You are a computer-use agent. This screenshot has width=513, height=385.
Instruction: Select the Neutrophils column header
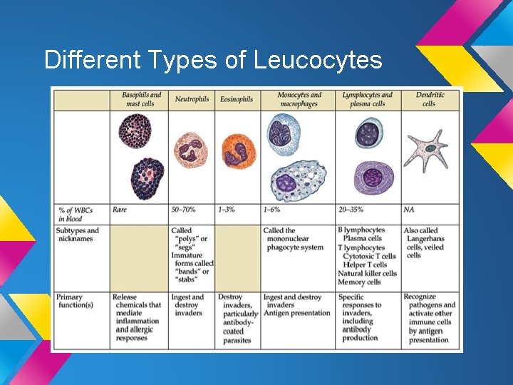point(192,99)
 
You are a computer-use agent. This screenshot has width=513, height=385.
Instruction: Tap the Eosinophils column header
point(237,99)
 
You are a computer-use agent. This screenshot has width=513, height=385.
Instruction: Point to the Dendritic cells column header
point(429,99)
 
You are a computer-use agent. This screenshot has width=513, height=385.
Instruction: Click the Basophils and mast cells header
point(140,99)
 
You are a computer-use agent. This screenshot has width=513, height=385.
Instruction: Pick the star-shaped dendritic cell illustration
point(427,150)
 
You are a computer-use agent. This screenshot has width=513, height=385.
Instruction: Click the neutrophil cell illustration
point(191,150)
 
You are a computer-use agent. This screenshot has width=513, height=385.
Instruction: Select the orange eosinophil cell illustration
point(238,150)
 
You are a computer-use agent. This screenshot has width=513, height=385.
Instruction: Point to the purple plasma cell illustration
point(373,178)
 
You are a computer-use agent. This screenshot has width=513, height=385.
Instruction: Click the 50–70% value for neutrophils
point(184,210)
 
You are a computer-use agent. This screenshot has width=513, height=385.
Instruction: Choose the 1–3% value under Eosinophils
point(227,210)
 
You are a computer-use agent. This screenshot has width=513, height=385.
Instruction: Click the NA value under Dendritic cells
point(409,210)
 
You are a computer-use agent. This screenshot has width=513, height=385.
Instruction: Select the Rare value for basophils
point(120,210)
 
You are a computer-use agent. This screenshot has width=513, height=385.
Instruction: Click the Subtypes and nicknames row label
point(78,235)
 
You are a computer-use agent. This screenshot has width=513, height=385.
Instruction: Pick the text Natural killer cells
point(367,273)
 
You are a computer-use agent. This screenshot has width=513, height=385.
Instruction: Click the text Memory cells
point(359,282)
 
